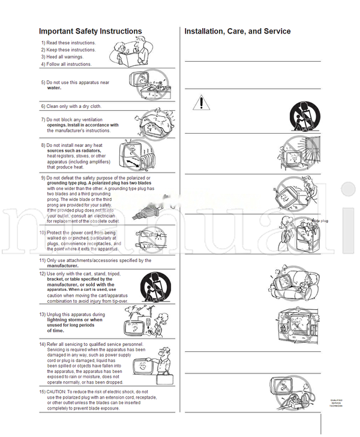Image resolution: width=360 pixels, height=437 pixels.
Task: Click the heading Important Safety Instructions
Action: tap(90, 31)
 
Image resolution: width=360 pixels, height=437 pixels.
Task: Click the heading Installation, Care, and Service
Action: tap(238, 31)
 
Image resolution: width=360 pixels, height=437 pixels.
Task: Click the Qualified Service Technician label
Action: tap(337, 403)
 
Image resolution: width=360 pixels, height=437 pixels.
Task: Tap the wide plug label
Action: tap(320, 221)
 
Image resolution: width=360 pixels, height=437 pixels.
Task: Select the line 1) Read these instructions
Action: tap(68, 43)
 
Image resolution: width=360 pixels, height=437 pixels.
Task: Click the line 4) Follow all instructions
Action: tap(67, 64)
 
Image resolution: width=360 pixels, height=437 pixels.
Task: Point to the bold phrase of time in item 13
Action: tap(55, 330)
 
